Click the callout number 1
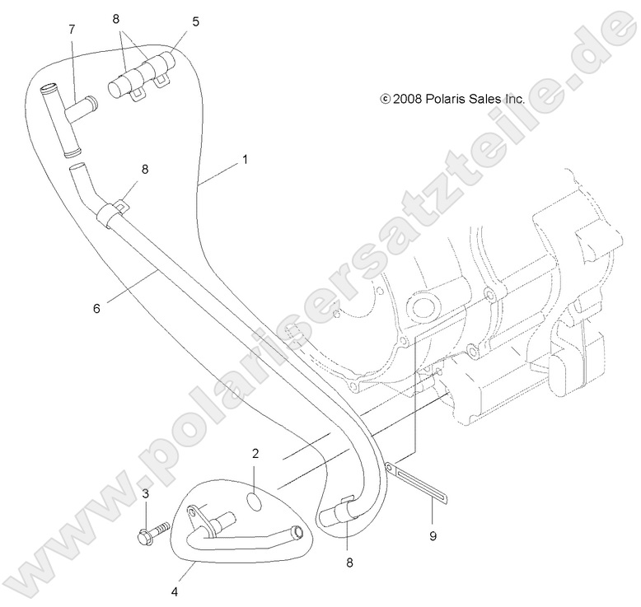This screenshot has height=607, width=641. (x=245, y=160)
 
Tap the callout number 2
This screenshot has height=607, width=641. (x=255, y=453)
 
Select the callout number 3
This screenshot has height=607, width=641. (x=146, y=494)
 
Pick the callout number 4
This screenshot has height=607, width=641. (x=175, y=591)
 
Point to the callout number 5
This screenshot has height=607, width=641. (x=196, y=21)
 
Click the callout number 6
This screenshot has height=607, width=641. (x=96, y=309)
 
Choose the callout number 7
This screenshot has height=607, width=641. (x=72, y=30)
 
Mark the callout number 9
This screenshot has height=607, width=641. (x=433, y=536)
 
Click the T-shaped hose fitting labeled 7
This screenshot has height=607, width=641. (x=65, y=119)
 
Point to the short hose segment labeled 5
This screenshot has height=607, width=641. (x=142, y=73)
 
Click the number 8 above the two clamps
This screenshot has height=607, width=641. (x=116, y=19)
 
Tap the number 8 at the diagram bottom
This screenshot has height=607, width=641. (x=349, y=563)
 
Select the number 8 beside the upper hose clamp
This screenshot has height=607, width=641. (x=145, y=169)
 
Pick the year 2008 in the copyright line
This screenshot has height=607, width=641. (x=407, y=99)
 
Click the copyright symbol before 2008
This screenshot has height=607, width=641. (x=385, y=99)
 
